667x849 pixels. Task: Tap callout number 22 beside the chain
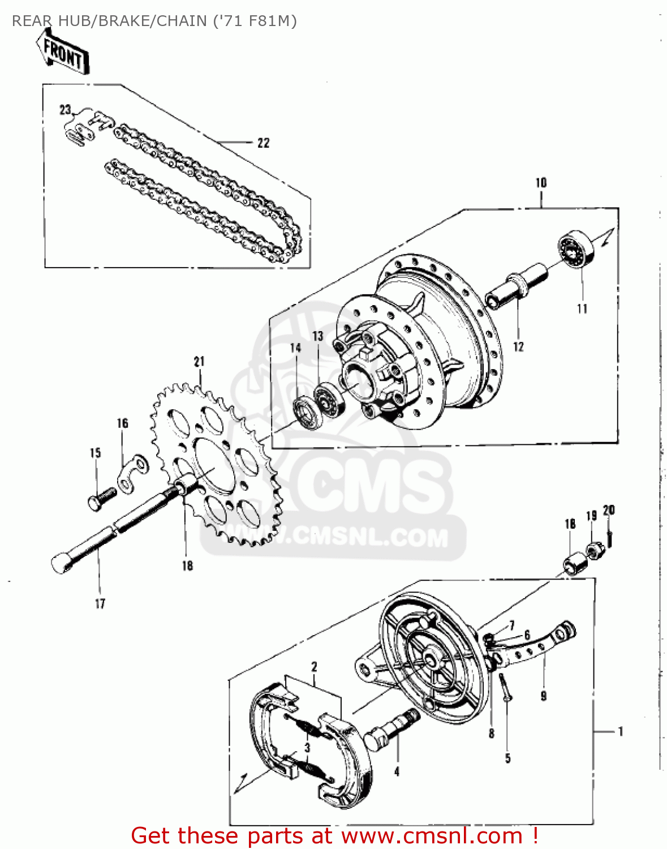[x=264, y=143]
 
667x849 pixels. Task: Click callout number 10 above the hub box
[x=541, y=183]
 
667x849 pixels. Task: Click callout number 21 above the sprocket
[x=199, y=362]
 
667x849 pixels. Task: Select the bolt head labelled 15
[x=96, y=502]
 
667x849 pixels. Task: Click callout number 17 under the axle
[x=100, y=604]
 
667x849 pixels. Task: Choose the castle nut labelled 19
[x=593, y=550]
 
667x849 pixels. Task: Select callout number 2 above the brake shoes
[x=314, y=667]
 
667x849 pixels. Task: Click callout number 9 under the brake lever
[x=544, y=696]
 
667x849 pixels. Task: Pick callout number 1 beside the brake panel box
[x=621, y=731]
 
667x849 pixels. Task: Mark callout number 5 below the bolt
[x=507, y=758]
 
